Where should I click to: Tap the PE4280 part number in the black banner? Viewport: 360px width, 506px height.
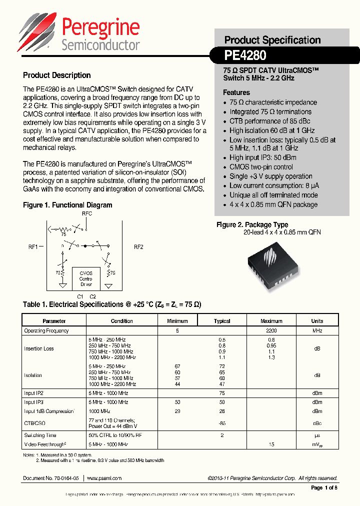(245, 54)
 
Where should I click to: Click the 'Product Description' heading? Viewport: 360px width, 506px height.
(56, 75)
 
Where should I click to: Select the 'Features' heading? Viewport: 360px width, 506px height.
(236, 92)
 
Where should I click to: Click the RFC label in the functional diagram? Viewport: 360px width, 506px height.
(87, 213)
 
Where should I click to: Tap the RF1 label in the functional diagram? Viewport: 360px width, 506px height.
(33, 246)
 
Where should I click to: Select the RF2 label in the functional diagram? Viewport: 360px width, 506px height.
(138, 246)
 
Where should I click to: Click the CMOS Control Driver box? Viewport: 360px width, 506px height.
(86, 278)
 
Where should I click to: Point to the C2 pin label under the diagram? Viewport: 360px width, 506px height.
(92, 296)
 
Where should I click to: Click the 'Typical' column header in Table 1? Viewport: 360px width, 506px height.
(222, 321)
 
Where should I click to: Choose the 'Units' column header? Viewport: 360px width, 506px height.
(317, 321)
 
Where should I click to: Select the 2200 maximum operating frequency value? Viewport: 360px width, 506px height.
(271, 330)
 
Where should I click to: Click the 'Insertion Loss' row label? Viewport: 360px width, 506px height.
(39, 348)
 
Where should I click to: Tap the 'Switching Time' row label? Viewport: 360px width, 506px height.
(40, 435)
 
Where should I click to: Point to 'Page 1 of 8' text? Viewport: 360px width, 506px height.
(324, 487)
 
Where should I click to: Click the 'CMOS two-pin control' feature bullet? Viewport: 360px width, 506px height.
(261, 167)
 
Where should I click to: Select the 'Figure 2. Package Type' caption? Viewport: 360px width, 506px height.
(252, 225)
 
